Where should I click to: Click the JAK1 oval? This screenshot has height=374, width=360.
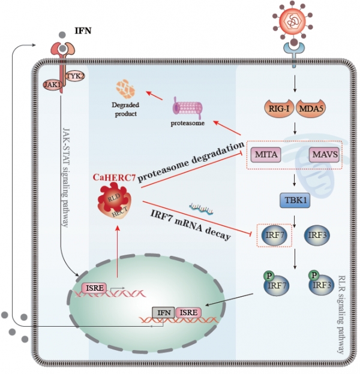(x=52, y=85)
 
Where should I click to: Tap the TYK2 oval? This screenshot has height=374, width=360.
(x=75, y=76)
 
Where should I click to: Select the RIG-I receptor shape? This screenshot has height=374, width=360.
(x=279, y=108)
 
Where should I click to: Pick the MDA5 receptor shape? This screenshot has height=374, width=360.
(x=311, y=108)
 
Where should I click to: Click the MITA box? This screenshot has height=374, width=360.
(x=266, y=155)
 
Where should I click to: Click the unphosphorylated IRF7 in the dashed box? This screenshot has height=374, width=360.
(x=275, y=235)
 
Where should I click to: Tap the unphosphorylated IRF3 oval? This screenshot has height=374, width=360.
(x=317, y=235)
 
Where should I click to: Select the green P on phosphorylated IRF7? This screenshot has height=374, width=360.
(x=269, y=276)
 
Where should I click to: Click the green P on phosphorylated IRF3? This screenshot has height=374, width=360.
(x=314, y=275)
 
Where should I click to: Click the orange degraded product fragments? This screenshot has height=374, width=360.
(x=125, y=90)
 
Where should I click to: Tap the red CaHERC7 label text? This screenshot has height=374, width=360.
(x=115, y=177)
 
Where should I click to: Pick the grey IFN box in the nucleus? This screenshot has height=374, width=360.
(x=164, y=312)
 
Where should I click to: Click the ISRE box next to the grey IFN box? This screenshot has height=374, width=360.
(x=188, y=312)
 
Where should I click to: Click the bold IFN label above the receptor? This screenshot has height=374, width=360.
(x=83, y=31)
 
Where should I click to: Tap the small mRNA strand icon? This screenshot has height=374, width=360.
(x=201, y=209)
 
